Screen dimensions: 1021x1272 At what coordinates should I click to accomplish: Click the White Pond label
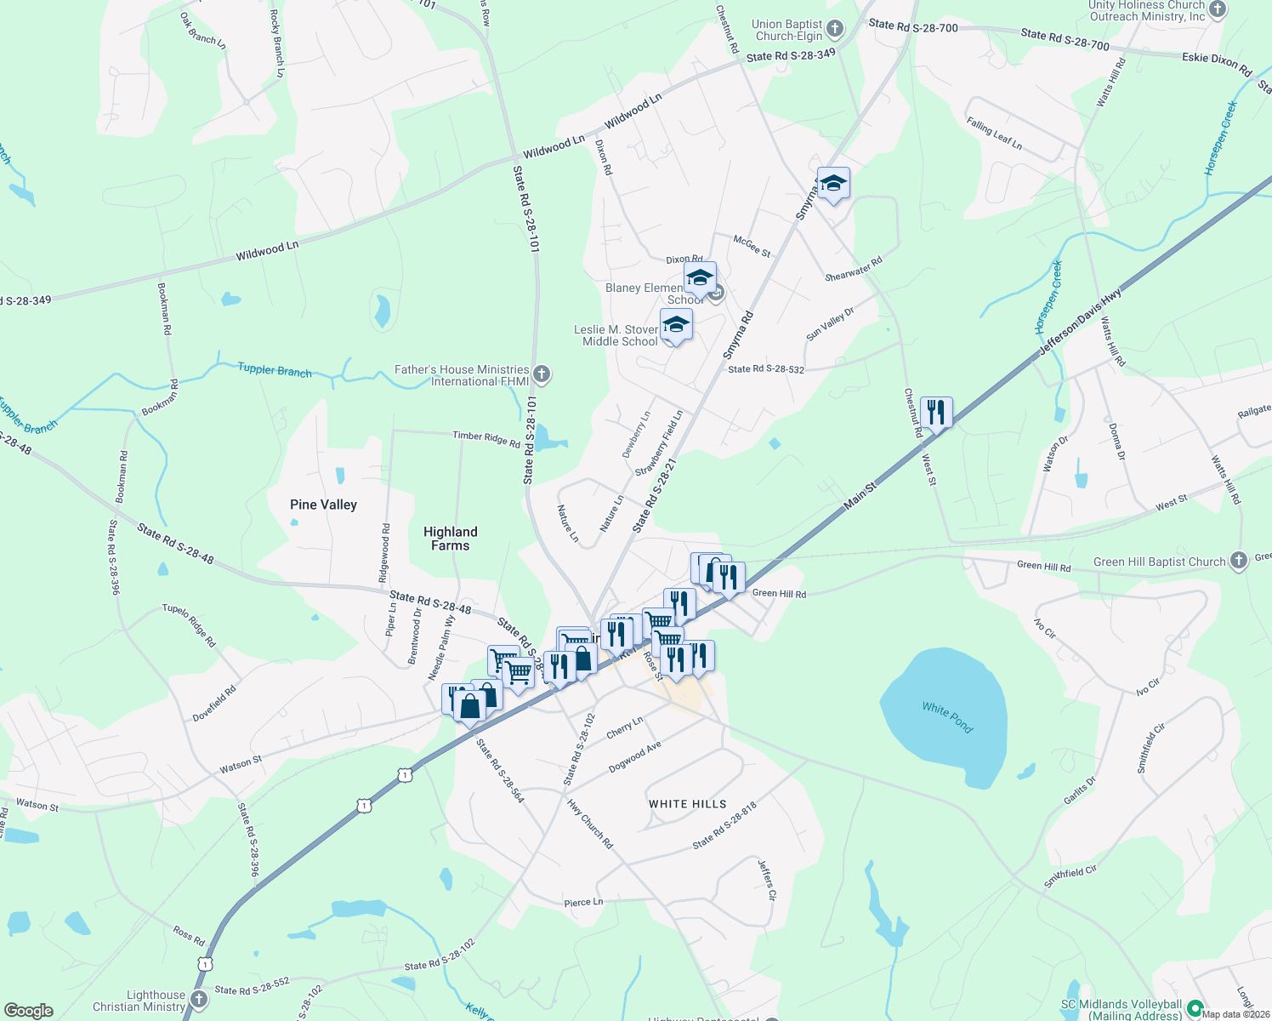[947, 716]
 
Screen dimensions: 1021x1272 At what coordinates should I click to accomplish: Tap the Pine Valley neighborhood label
[323, 505]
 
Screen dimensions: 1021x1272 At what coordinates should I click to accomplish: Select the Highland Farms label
[450, 539]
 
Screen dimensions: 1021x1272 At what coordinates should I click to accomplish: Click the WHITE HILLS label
[687, 804]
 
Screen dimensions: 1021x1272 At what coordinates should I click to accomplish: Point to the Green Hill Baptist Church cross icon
[1239, 560]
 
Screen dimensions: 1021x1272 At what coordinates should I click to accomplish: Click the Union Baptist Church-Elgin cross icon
[835, 30]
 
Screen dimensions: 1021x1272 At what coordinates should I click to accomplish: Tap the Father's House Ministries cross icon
[542, 374]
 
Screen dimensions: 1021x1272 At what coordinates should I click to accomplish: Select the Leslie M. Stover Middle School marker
[676, 324]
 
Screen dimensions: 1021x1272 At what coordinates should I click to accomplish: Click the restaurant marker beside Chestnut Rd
[935, 413]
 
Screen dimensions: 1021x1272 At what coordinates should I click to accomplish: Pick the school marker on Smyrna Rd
[833, 183]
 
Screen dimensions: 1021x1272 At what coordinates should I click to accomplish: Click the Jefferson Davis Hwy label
[1080, 322]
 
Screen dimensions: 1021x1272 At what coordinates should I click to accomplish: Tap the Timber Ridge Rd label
[486, 438]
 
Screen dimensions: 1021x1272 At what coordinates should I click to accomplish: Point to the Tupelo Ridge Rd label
[190, 625]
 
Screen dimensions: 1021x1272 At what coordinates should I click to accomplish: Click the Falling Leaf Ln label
[994, 134]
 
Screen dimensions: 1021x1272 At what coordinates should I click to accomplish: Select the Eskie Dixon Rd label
[1217, 63]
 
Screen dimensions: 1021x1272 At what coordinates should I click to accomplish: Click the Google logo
[28, 1011]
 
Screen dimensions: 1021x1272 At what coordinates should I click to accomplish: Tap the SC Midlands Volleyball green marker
[1195, 1007]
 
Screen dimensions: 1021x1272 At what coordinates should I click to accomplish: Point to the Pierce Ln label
[583, 902]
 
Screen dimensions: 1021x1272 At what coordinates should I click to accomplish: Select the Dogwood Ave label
[634, 757]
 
